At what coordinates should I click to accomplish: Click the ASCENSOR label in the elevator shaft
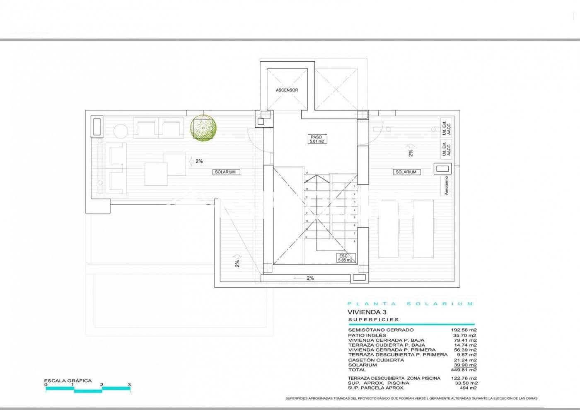[287, 90]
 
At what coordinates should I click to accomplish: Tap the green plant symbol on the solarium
[202, 127]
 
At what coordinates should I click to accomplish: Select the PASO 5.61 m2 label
[316, 139]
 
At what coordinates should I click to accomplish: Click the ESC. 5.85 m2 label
[345, 258]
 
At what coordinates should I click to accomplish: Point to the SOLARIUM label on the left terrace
[225, 172]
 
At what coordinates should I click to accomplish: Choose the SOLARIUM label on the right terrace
[406, 172]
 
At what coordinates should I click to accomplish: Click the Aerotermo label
[446, 185]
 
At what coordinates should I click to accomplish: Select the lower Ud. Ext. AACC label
[446, 149]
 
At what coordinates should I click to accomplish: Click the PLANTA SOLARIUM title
[410, 304]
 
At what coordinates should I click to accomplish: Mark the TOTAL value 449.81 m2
[464, 370]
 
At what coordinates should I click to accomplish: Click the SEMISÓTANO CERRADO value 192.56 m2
[464, 330]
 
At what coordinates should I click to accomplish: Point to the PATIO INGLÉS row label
[367, 335]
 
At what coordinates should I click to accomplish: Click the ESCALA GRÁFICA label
[68, 381]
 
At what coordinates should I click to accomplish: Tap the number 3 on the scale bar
[129, 385]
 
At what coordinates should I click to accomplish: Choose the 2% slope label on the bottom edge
[310, 278]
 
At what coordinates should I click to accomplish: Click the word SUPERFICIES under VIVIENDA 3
[373, 320]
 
